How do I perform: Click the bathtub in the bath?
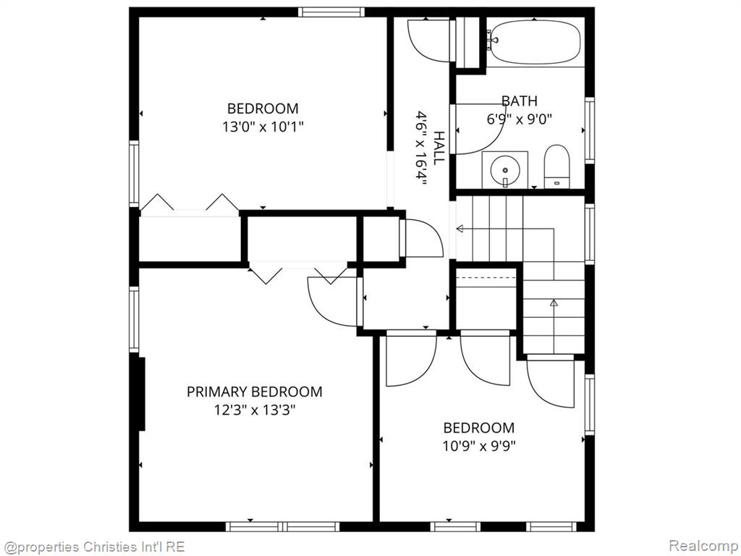[535, 42]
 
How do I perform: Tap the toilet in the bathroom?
[556, 167]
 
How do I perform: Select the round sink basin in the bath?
[505, 169]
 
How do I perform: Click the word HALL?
[439, 148]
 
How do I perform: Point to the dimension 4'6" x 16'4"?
[421, 148]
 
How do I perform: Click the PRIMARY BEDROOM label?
[254, 392]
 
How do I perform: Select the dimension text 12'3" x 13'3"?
[255, 410]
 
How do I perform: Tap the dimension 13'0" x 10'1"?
[263, 127]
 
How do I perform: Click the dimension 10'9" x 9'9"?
[479, 445]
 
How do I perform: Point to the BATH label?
[520, 101]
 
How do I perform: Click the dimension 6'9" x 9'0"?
[520, 119]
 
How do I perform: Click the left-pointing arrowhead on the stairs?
[460, 229]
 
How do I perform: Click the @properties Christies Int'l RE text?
[93, 547]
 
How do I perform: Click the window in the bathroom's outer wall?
[589, 130]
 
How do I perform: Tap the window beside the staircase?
[589, 234]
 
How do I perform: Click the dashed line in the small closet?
[486, 278]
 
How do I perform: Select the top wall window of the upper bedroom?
[331, 12]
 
